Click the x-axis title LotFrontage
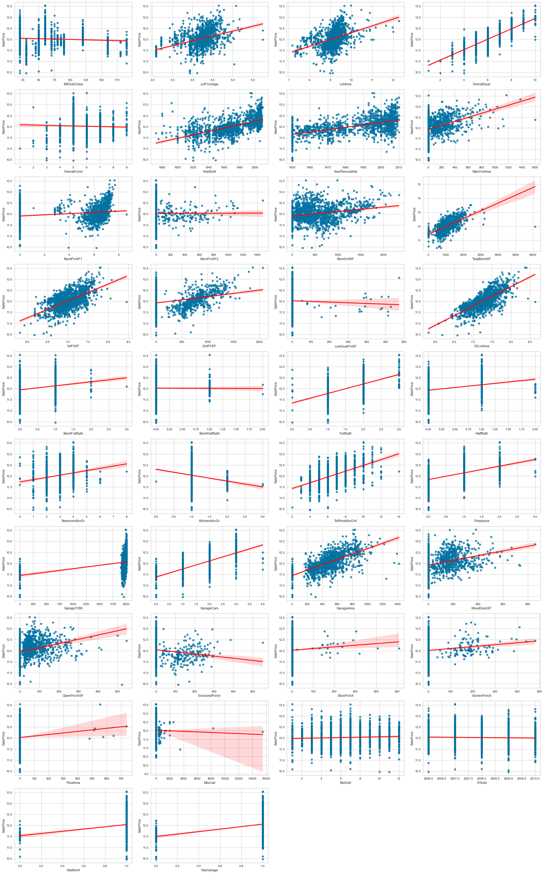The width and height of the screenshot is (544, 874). click(210, 84)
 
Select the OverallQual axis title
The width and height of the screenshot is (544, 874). click(481, 84)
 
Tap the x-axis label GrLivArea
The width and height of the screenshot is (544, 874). click(481, 346)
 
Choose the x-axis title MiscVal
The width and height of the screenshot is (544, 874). click(210, 783)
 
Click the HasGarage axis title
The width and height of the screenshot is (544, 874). click(210, 870)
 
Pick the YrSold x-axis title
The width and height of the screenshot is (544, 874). click(481, 783)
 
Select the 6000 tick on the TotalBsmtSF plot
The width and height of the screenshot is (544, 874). click(532, 255)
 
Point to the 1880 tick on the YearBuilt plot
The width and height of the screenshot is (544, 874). click(162, 167)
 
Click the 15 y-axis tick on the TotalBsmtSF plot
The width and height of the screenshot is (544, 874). click(419, 185)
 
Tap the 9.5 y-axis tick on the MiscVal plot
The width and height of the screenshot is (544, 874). click(146, 774)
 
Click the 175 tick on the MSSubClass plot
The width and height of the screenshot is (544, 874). click(117, 80)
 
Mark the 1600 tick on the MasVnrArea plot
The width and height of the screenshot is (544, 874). click(535, 167)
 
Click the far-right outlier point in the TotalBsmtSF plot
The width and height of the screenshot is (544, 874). click(535, 227)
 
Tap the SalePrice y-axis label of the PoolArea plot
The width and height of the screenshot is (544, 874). click(4, 738)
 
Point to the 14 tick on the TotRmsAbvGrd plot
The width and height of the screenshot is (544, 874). click(399, 516)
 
